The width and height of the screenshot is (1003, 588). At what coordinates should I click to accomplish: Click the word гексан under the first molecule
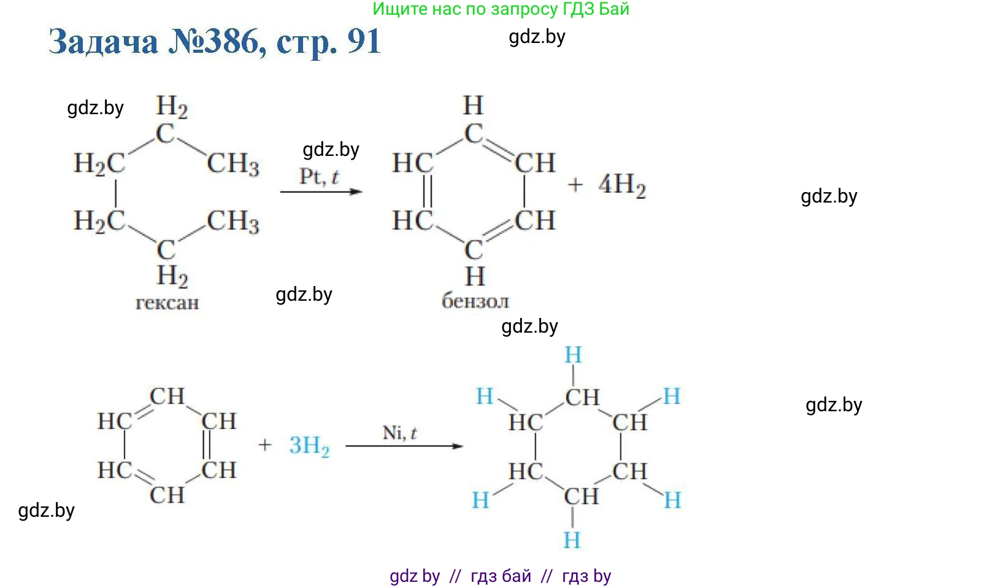point(167,303)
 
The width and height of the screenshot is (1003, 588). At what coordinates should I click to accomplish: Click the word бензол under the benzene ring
point(475,301)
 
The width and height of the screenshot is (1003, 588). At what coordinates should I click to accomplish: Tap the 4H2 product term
point(621,185)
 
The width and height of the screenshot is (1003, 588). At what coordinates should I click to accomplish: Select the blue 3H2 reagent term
point(309,446)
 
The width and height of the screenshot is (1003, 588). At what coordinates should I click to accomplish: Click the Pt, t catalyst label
point(319,177)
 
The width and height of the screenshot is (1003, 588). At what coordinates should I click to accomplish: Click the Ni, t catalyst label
point(399,433)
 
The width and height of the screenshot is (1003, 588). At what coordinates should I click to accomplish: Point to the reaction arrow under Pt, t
point(321,191)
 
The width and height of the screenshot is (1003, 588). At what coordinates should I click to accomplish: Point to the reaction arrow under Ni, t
point(404,446)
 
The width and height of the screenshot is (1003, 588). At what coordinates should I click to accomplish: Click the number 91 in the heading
point(364,42)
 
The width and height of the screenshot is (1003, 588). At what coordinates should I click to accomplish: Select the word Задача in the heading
point(103,42)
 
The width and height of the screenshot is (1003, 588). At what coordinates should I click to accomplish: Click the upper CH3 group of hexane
point(233,164)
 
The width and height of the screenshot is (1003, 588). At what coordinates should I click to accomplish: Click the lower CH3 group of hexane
point(233,222)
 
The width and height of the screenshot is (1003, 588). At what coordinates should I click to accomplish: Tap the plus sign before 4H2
point(575,185)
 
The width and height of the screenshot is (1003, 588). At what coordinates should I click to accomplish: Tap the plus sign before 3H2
point(264,445)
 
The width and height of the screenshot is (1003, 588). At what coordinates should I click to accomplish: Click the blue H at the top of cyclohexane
point(573,355)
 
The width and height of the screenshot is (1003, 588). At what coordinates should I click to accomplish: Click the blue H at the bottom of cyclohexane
point(572,540)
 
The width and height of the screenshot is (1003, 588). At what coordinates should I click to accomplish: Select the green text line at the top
point(501,9)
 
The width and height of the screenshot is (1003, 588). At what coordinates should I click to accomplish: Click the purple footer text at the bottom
point(501,576)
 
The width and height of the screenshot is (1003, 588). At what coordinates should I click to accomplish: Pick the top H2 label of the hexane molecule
point(172,107)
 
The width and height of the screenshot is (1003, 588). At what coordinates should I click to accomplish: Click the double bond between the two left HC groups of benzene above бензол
point(428,191)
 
